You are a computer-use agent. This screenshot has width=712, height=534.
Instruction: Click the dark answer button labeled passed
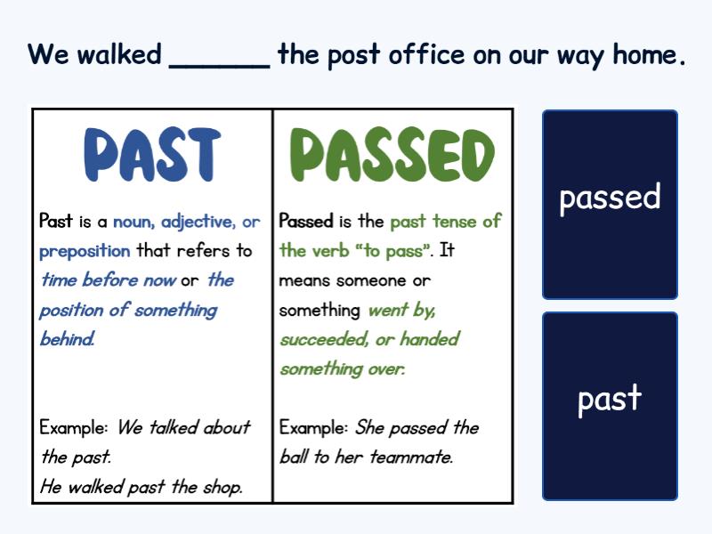tap(610, 205)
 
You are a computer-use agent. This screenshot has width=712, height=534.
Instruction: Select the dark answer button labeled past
tap(610, 407)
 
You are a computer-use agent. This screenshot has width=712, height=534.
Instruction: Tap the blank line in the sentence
tap(219, 68)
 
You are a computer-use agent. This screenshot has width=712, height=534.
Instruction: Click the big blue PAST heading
tap(152, 154)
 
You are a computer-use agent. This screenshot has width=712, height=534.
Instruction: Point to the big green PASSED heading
tap(392, 154)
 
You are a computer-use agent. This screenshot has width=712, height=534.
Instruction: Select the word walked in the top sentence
tap(119, 54)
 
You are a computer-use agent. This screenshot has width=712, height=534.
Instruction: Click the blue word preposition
tap(85, 252)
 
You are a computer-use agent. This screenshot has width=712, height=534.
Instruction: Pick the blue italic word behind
tap(68, 339)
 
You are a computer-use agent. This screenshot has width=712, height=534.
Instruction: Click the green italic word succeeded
tap(324, 340)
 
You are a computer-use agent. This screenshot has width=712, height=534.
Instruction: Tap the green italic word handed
tap(430, 339)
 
